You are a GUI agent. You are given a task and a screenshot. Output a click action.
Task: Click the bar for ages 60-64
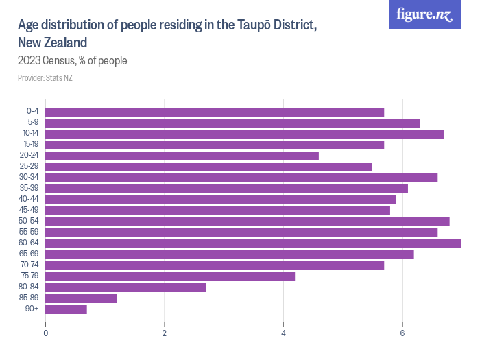coord(253,243)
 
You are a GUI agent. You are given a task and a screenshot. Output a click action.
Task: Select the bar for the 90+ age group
coord(66,309)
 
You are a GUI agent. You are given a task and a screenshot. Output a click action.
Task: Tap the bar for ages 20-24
coord(182,156)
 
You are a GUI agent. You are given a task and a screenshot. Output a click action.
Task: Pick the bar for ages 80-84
coord(125,287)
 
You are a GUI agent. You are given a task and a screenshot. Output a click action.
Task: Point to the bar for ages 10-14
coord(244,134)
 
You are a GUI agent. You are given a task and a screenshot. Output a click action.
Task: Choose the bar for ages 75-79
coord(170,276)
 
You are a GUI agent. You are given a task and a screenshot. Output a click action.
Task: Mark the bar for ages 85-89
coord(81,298)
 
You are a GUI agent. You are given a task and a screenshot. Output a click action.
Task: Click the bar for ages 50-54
coord(247,221)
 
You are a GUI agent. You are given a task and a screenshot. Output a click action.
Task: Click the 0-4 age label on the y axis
coord(32,111)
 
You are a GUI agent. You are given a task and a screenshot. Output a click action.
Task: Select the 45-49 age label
coord(29,210)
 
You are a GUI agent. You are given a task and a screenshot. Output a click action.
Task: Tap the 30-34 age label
coord(29,177)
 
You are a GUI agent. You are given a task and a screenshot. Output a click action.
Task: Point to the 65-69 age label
coord(29,254)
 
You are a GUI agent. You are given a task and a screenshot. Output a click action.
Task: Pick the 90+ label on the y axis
coord(32,309)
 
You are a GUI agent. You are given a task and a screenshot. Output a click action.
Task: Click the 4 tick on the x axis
coord(284,334)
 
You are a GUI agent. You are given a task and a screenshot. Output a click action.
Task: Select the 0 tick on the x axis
coord(45,334)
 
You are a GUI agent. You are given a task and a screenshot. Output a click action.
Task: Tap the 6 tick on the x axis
coord(403,334)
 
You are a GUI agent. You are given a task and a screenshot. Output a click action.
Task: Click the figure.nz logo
coord(424,14)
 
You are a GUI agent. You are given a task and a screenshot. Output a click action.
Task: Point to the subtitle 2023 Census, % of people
coord(73,61)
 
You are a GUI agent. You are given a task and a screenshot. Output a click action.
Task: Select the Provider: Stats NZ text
coord(45,78)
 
